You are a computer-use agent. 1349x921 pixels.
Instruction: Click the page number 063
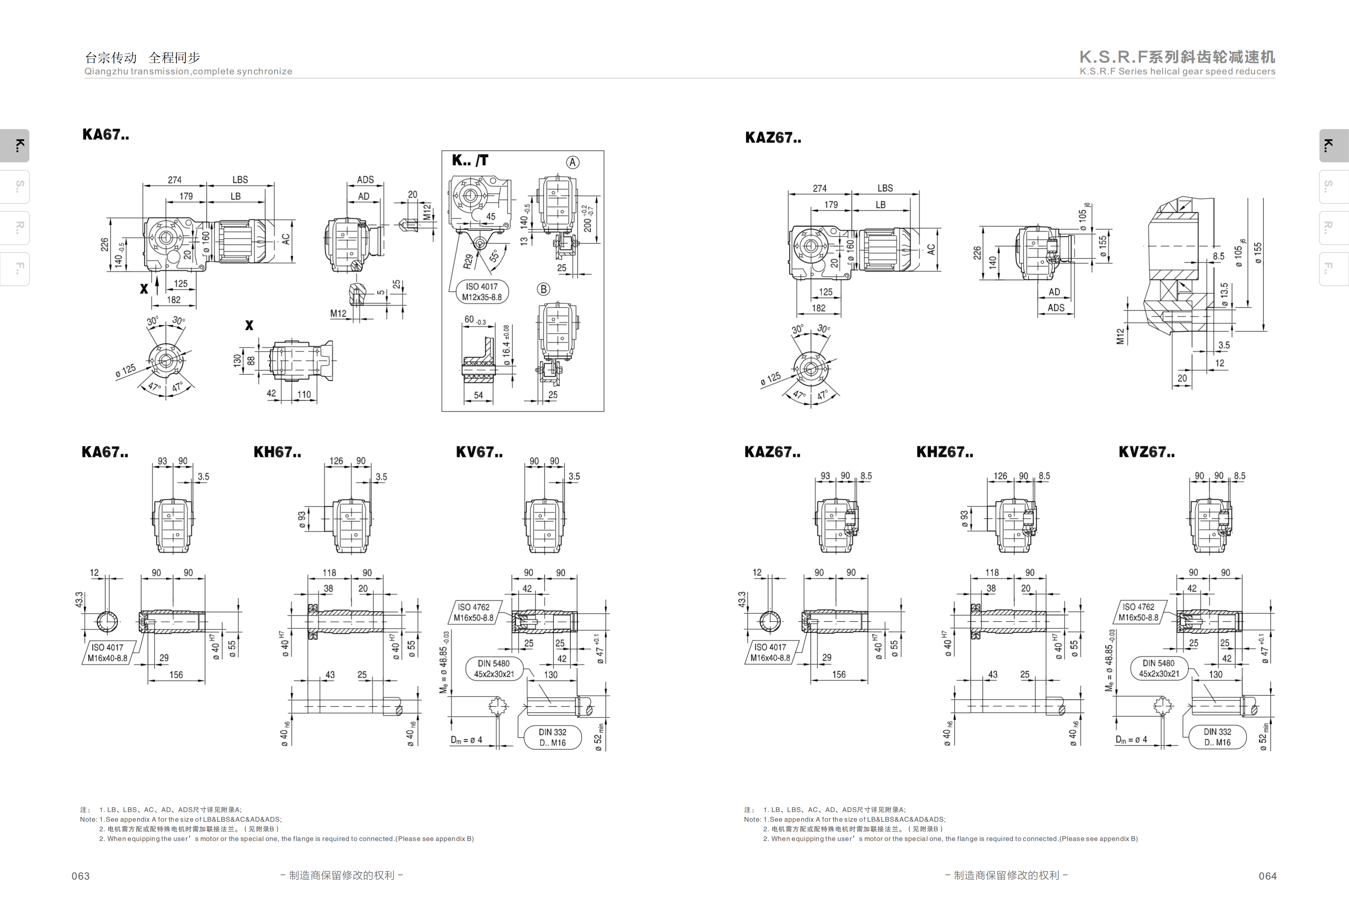[81, 876]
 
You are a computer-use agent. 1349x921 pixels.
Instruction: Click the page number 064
[1267, 876]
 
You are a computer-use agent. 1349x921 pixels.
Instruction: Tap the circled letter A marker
[572, 162]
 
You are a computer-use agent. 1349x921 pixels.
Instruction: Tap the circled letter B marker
[543, 289]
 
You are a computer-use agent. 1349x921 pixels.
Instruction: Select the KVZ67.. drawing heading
[1146, 452]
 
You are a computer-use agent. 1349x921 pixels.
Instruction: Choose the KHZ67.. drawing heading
[944, 452]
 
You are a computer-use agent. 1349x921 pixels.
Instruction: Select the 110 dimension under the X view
[304, 395]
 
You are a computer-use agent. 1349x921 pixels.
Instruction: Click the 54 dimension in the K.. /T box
[478, 395]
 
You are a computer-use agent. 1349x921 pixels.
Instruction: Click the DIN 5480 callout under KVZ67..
[1159, 669]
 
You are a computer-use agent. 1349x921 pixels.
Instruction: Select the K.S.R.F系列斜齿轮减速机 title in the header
[1177, 57]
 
